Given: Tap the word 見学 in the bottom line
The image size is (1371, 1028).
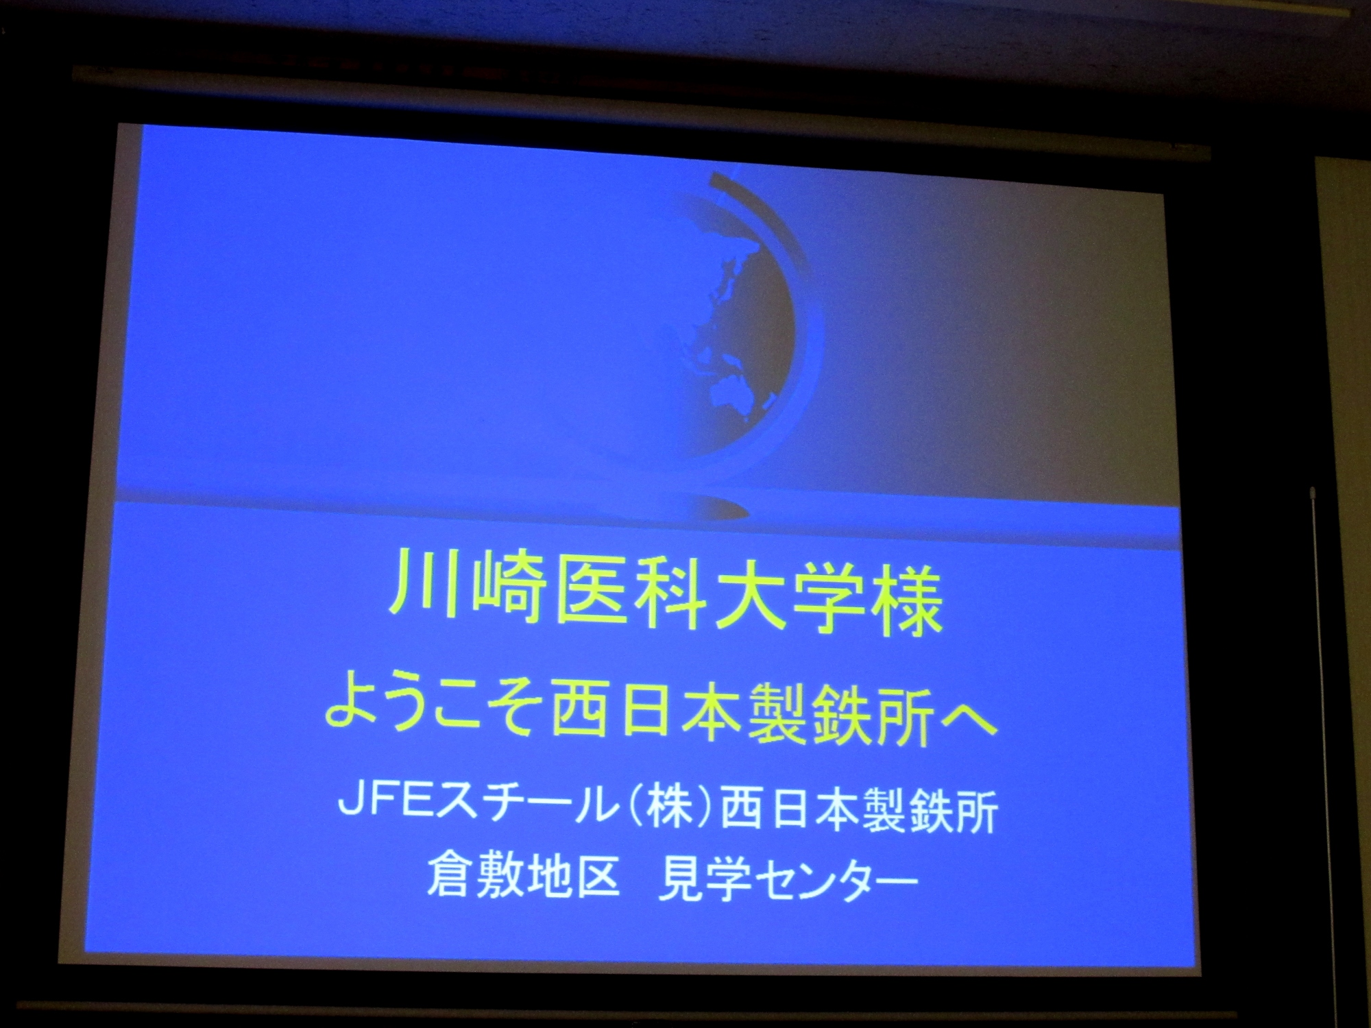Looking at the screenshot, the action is coord(703,878).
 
